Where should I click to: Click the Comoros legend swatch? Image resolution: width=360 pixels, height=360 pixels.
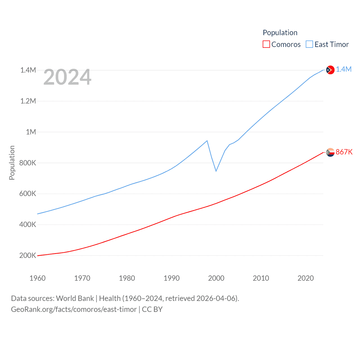coord(266,44)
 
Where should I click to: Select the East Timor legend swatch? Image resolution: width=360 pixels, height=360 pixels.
coord(309,44)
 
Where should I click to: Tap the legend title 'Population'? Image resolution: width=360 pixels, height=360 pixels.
coord(280,33)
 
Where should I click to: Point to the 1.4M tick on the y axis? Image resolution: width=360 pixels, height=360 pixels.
coord(28,70)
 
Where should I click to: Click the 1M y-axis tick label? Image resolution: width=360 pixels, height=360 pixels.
coord(31,132)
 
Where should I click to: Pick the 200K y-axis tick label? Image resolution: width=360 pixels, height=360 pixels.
coord(28,256)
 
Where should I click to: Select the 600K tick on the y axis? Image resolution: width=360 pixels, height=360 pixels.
coord(28,194)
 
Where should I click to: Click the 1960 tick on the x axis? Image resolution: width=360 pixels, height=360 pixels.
coord(37,278)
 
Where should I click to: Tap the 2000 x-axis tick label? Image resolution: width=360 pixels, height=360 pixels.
coord(216,278)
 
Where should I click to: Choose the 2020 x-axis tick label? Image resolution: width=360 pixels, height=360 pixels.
coord(305,278)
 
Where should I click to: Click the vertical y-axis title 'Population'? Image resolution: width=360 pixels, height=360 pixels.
coord(12,163)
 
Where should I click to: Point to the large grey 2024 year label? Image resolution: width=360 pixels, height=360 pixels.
coord(67,77)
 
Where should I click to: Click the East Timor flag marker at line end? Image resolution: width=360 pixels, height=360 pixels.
coord(330,70)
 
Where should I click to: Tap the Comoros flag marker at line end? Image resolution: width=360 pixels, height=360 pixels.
coord(330,152)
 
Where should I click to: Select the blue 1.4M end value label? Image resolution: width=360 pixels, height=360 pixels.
coord(344,69)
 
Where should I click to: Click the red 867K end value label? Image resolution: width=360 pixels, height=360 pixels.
coord(344,152)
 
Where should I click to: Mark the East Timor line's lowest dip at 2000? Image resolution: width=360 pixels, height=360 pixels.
coord(216,171)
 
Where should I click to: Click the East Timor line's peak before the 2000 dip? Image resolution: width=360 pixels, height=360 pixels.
coord(207,141)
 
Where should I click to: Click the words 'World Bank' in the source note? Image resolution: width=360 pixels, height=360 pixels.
coord(75,298)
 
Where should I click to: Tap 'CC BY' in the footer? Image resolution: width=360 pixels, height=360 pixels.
coord(152,309)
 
